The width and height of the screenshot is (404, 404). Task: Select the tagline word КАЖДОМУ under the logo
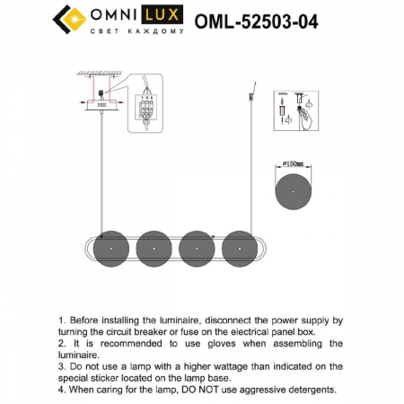pos(161,31)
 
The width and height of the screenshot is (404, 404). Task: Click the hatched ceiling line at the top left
pos(100,73)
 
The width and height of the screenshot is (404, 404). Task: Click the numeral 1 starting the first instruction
pos(60,320)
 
